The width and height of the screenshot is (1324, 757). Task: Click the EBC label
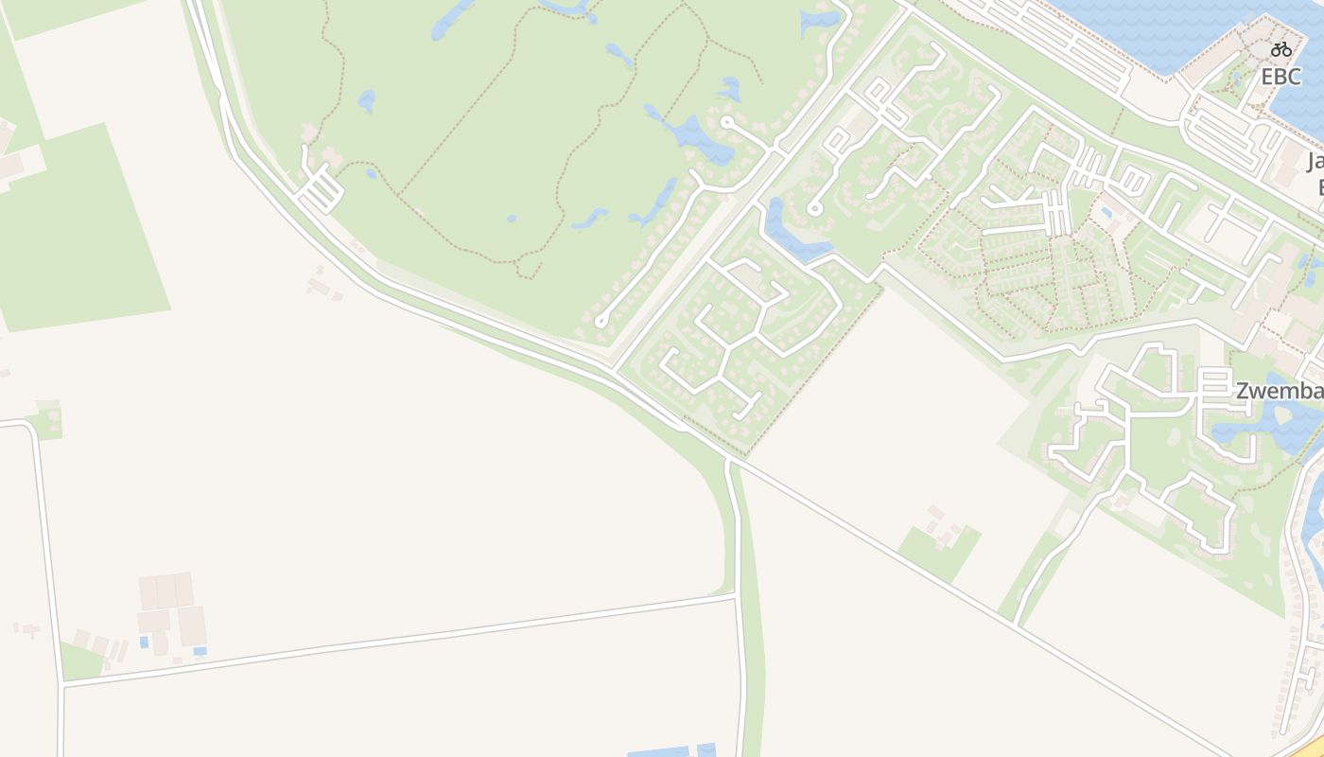coord(1280,77)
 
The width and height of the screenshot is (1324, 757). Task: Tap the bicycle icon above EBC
coord(1281,49)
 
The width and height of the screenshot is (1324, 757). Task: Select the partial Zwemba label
coord(1279,391)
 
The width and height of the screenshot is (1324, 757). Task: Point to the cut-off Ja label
coord(1315,161)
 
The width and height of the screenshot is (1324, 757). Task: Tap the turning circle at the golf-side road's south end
coord(601,322)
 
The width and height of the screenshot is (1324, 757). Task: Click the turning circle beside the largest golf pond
coord(726,122)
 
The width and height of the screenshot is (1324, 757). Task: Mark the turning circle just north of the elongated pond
coord(813,209)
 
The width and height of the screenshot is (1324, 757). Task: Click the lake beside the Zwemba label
coord(1277,426)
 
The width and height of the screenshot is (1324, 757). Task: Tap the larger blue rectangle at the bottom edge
coord(660,752)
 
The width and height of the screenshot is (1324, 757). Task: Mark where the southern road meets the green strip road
coord(736,596)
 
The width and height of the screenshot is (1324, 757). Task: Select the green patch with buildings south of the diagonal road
coord(938,547)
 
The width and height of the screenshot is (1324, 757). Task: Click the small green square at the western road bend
coord(47,422)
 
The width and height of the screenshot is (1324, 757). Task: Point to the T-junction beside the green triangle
coord(62,683)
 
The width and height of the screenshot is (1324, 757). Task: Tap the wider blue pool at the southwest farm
coord(200,651)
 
